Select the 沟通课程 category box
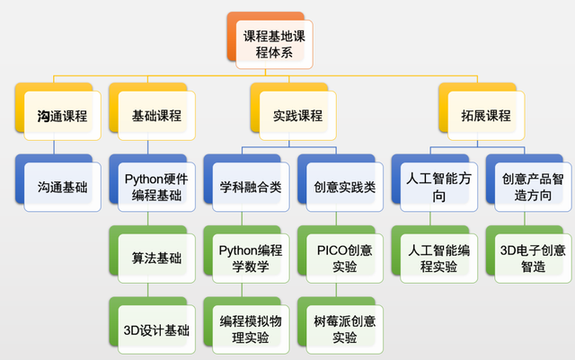point(62,116)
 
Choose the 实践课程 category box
point(297,116)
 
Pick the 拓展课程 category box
point(485,116)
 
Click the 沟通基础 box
point(62,188)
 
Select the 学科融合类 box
point(251,188)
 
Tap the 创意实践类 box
point(345,188)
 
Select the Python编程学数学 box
point(251,259)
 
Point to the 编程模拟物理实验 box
point(251,329)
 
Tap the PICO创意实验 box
point(345,259)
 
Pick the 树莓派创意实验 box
point(345,329)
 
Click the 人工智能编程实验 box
point(438,259)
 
